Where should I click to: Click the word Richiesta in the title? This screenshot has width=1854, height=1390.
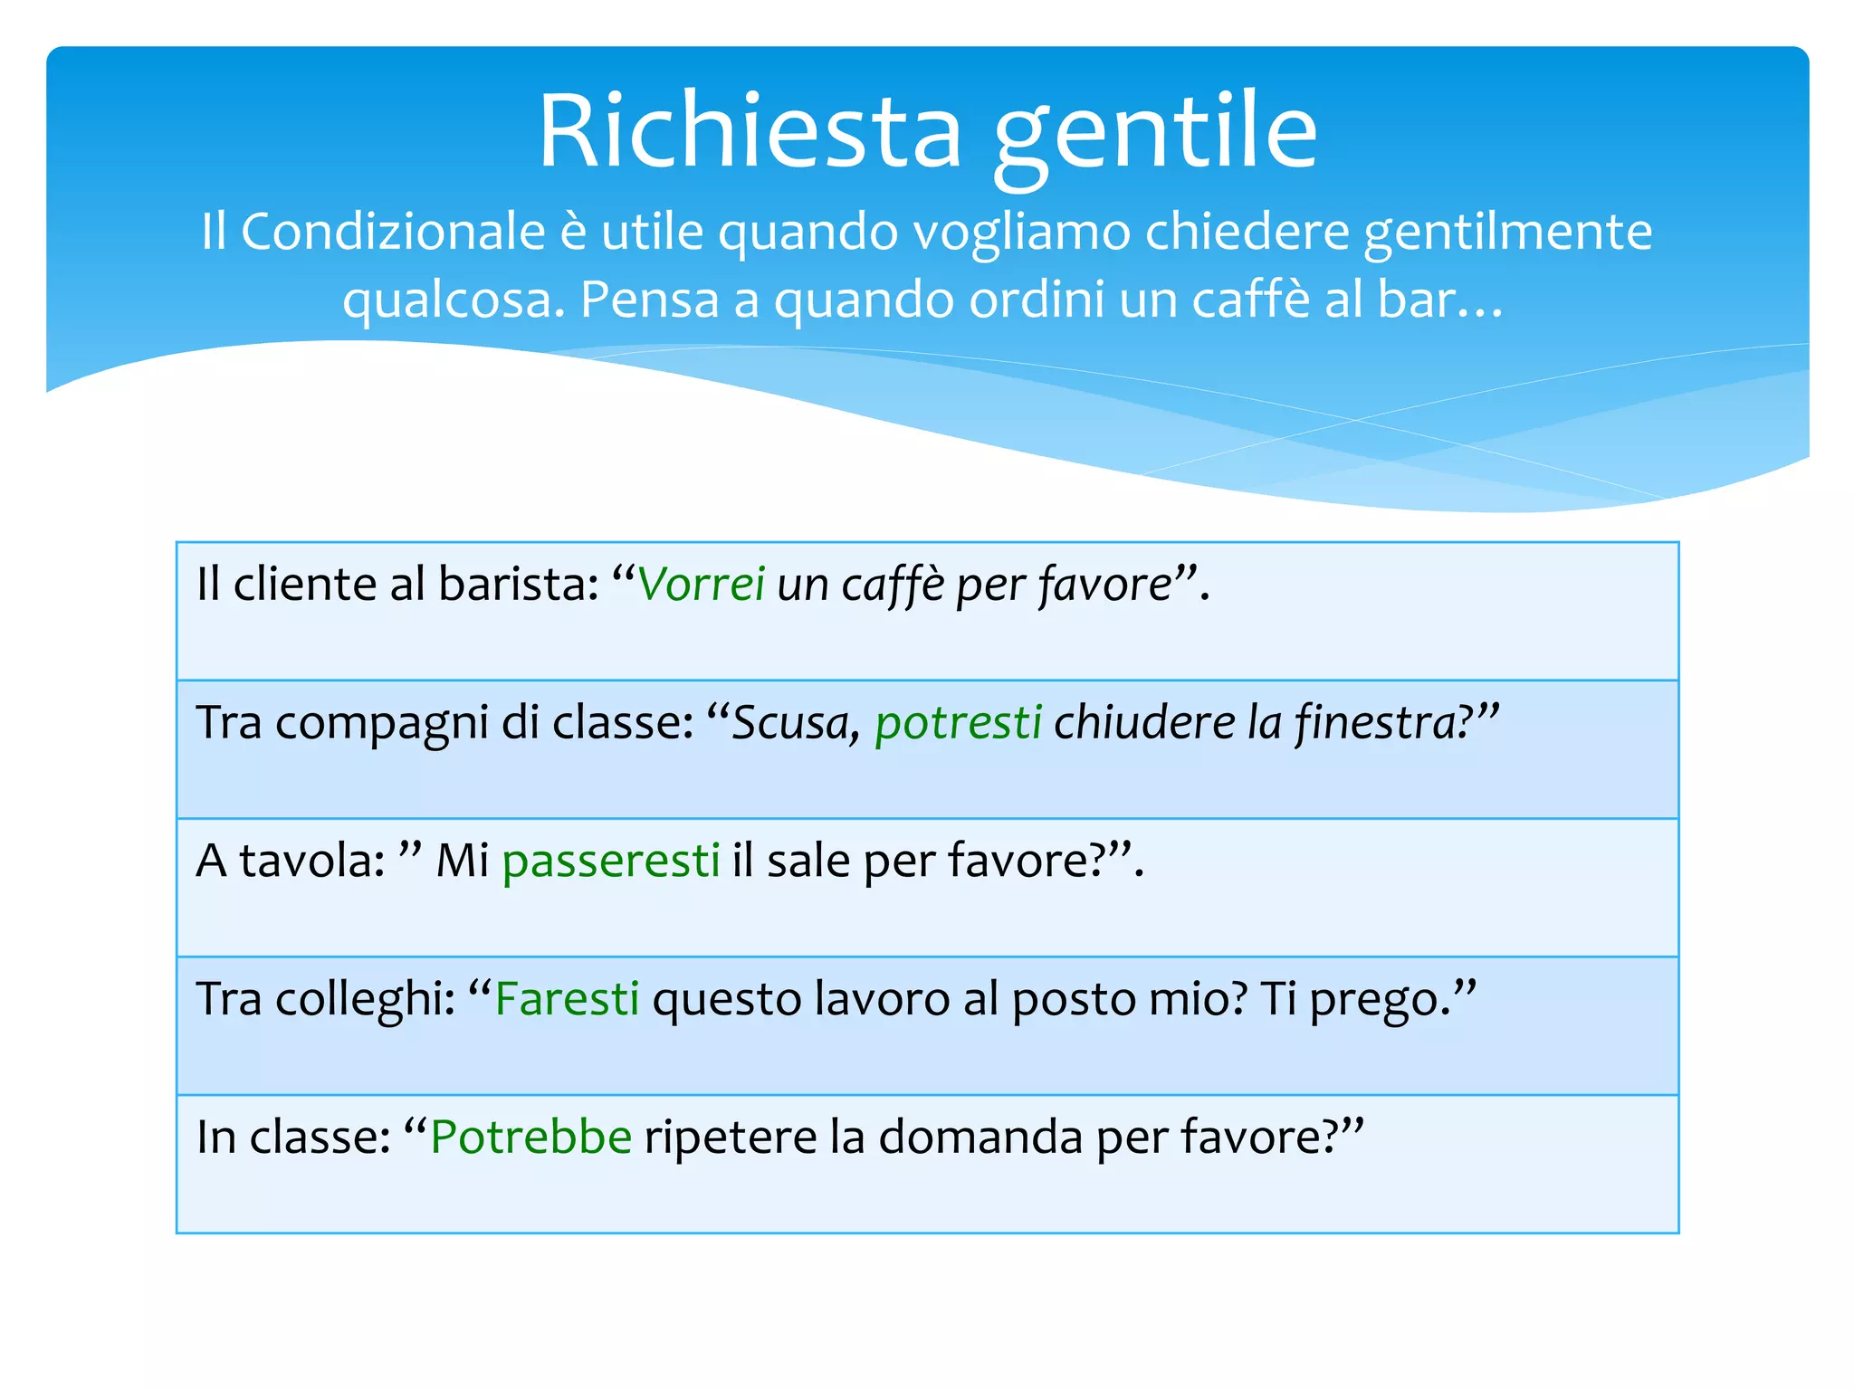[750, 133]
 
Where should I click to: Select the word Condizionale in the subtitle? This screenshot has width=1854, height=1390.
[393, 232]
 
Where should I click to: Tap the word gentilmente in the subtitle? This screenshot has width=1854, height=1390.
[1507, 233]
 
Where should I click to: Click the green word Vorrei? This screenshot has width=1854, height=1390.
[702, 585]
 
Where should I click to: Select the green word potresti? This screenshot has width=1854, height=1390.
[958, 723]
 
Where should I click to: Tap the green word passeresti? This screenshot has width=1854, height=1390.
[611, 861]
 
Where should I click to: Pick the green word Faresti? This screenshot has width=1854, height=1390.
[567, 999]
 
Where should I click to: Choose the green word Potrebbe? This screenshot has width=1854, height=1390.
[530, 1138]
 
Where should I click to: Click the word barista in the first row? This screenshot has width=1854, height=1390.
[512, 585]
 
